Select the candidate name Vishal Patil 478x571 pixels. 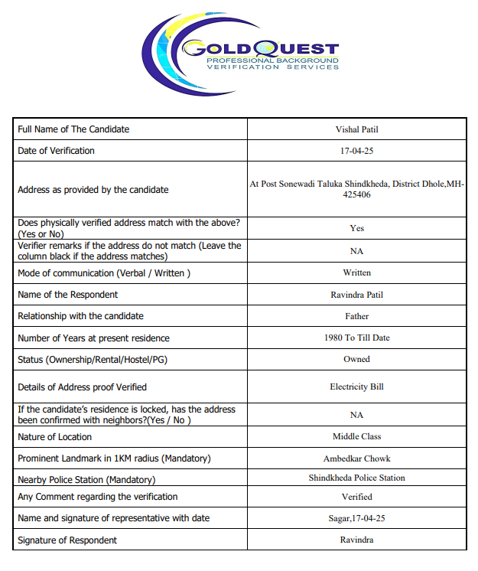coord(356,129)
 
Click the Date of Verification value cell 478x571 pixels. coord(356,151)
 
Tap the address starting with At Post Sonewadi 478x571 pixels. coord(356,189)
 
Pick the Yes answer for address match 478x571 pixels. coord(356,228)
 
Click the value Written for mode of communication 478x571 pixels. coord(356,272)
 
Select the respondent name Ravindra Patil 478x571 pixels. coord(356,295)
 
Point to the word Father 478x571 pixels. coord(356,316)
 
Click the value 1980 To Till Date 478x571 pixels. coord(356,338)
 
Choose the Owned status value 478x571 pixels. coord(356,359)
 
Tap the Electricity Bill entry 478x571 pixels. coord(356,387)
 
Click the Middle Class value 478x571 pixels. coord(356,436)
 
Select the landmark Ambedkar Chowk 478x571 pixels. coord(356,458)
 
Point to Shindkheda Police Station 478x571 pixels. coord(356,478)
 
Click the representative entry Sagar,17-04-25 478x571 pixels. coord(356,518)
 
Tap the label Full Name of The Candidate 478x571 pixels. coord(73,129)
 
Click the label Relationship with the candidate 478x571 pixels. coord(80,316)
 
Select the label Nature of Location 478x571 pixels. coord(54,437)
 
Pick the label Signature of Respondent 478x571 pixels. coord(67,540)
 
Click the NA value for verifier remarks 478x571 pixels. coord(356,250)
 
